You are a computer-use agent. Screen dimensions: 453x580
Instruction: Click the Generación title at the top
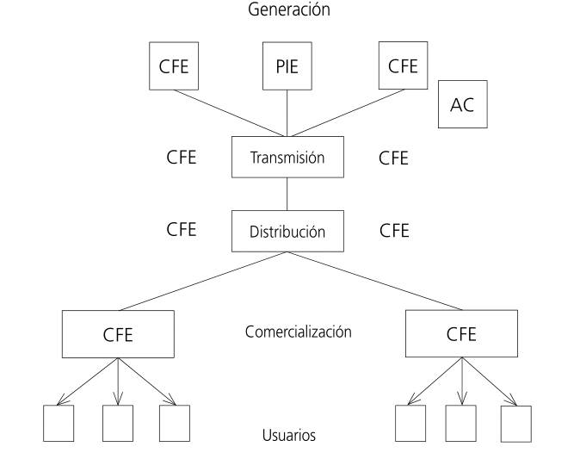(x=288, y=10)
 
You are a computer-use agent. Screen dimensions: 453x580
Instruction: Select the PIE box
(x=287, y=66)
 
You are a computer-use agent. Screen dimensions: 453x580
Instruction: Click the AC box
(x=462, y=104)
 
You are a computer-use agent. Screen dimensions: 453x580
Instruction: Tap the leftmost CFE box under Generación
(x=174, y=66)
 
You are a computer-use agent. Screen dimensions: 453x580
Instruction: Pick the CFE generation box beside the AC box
(x=402, y=66)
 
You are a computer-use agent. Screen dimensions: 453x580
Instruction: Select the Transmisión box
(x=287, y=158)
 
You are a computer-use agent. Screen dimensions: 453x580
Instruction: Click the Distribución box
(x=287, y=231)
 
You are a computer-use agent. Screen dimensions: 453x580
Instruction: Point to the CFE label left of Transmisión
(x=181, y=158)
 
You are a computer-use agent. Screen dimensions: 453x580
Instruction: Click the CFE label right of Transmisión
(x=393, y=158)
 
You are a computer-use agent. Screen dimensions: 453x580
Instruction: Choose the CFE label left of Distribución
(x=181, y=230)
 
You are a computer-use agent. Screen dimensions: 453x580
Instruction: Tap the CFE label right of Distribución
(x=393, y=230)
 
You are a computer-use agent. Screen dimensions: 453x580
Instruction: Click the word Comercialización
(x=298, y=332)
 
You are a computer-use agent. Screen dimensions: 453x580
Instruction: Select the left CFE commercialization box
(x=118, y=334)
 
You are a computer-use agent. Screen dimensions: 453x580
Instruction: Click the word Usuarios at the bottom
(x=288, y=435)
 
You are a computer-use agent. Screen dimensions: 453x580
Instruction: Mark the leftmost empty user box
(x=59, y=422)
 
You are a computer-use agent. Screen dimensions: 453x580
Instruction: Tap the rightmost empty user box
(x=515, y=422)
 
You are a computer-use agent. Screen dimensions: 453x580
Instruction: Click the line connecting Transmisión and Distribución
(x=287, y=195)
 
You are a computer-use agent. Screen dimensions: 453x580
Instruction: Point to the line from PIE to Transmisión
(x=287, y=113)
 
